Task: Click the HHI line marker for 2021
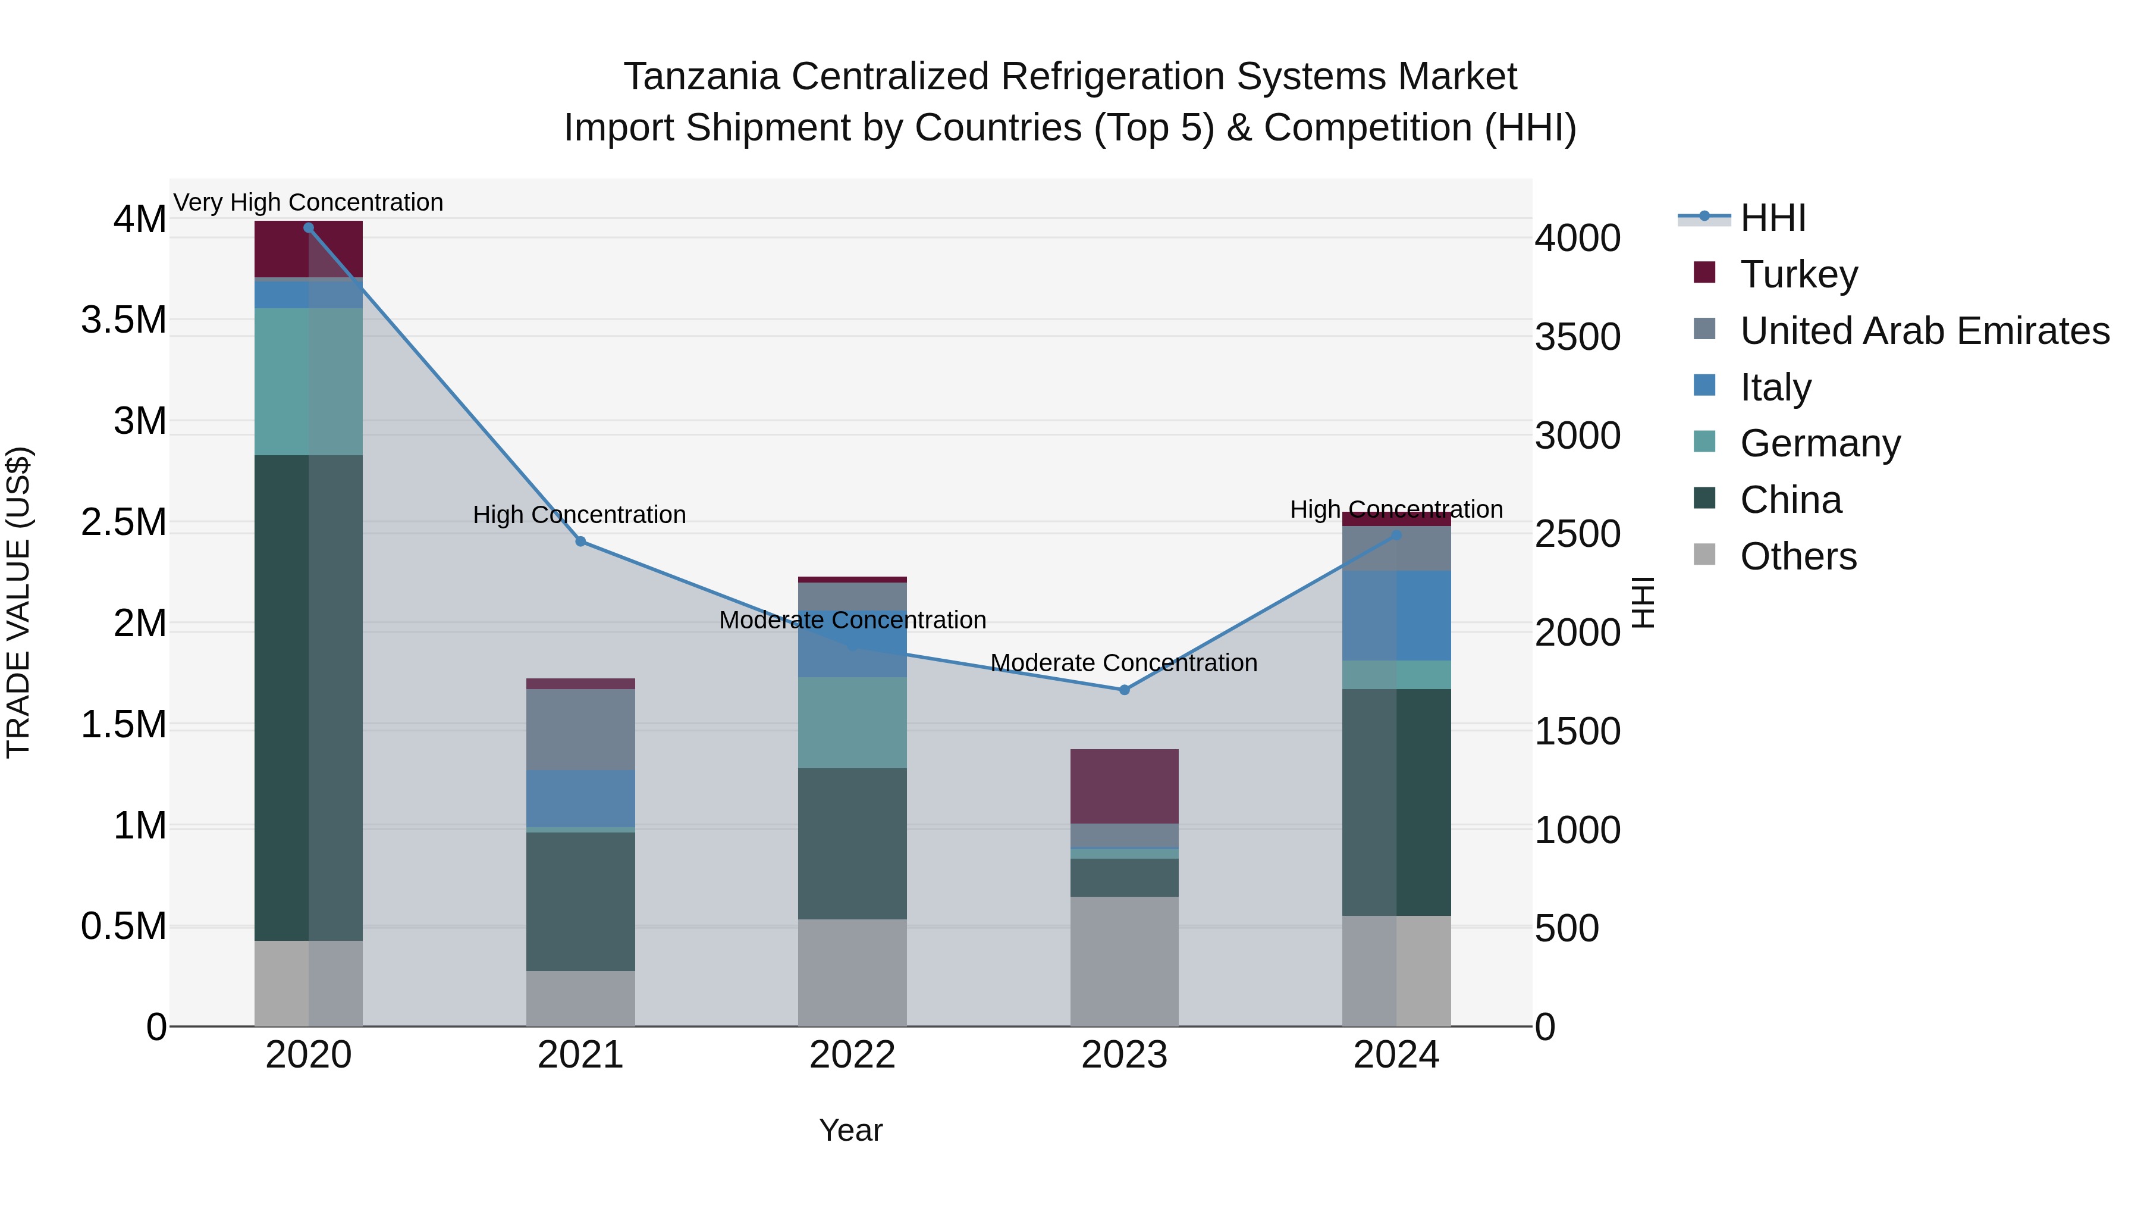(580, 542)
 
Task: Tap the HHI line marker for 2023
(1123, 690)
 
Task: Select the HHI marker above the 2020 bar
(308, 228)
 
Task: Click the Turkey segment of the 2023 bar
(1123, 786)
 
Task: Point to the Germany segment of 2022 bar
(852, 722)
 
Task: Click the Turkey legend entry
(1798, 274)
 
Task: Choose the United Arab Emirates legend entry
(1923, 330)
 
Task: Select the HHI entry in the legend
(1772, 218)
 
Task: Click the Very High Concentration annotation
(308, 202)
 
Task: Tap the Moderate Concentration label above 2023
(1123, 663)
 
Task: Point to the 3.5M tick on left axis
(123, 320)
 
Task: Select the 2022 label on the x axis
(852, 1055)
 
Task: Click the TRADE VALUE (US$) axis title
(18, 602)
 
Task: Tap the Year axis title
(850, 1130)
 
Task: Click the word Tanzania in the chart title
(701, 77)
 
